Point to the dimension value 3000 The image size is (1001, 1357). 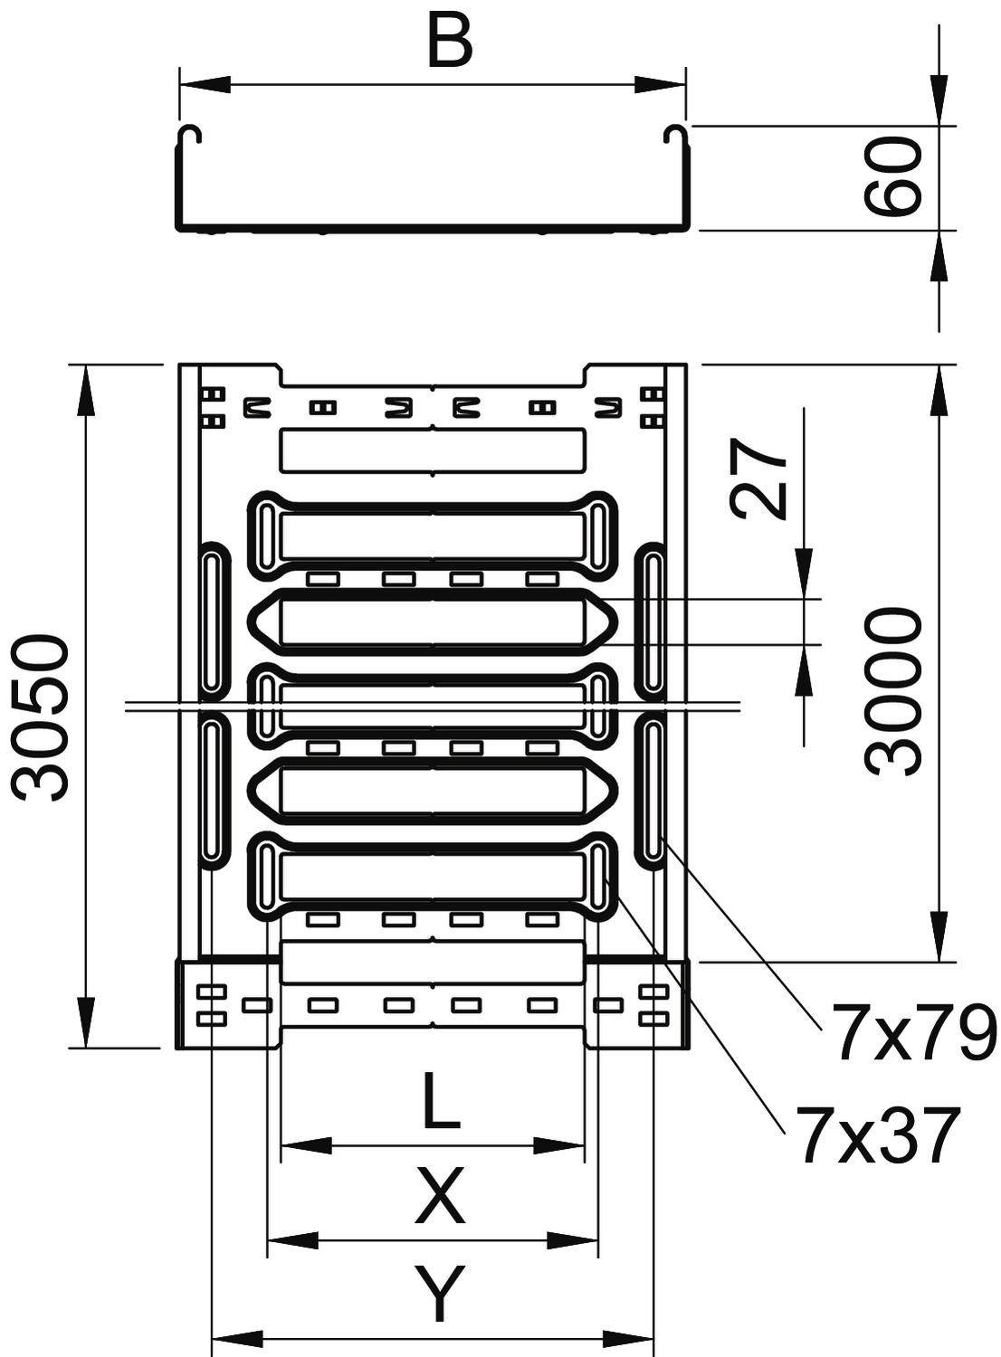pos(893,692)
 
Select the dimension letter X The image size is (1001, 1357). pos(440,1196)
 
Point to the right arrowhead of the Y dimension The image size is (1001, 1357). pos(630,1336)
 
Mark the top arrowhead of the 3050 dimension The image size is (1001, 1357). pos(87,389)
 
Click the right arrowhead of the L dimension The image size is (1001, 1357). pos(561,1146)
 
